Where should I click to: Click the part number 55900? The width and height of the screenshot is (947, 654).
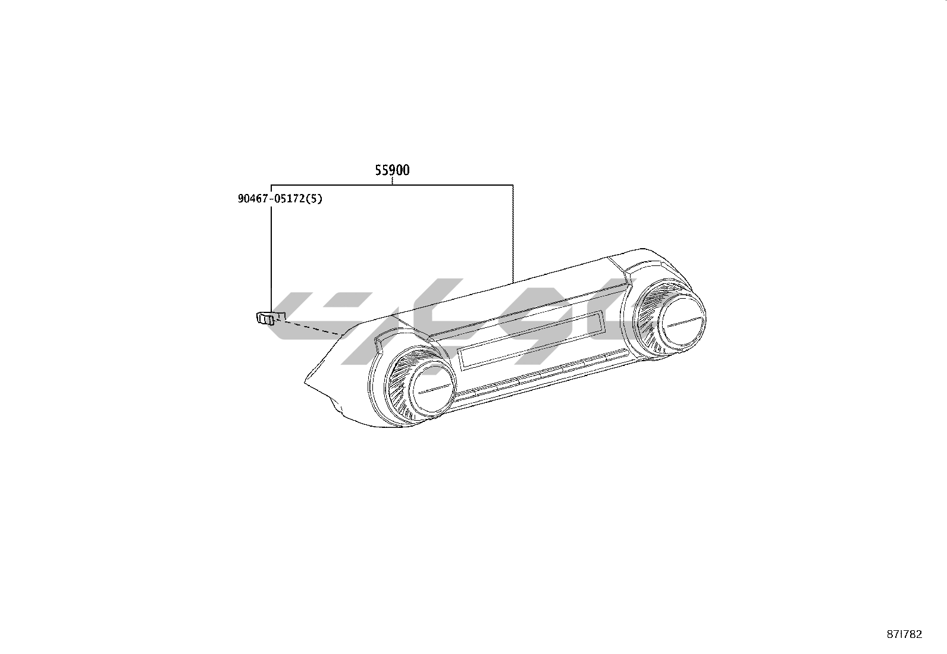[x=393, y=170]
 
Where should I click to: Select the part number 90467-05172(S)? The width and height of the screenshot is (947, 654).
[x=280, y=198]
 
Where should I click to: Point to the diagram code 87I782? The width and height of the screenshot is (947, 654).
[x=904, y=634]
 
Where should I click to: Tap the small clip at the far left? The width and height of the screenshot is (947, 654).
[x=265, y=318]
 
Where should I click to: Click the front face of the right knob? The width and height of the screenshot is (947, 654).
[x=682, y=320]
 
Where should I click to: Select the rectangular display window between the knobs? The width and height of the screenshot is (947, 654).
[x=532, y=340]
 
